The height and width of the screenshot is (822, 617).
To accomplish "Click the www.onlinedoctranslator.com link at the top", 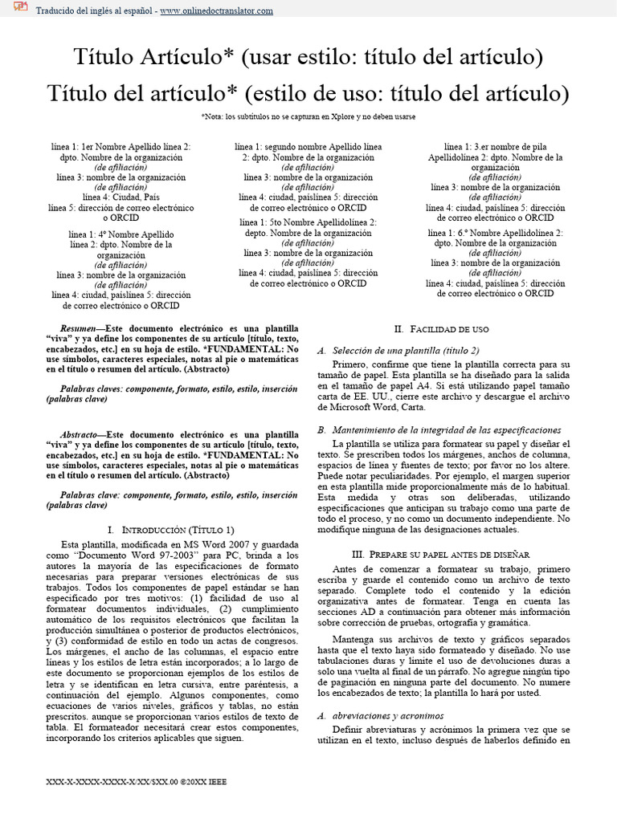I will tap(216, 10).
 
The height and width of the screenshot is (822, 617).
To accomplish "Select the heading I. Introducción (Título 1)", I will tap(171, 530).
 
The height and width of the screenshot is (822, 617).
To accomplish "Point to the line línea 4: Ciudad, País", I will tap(121, 197).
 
